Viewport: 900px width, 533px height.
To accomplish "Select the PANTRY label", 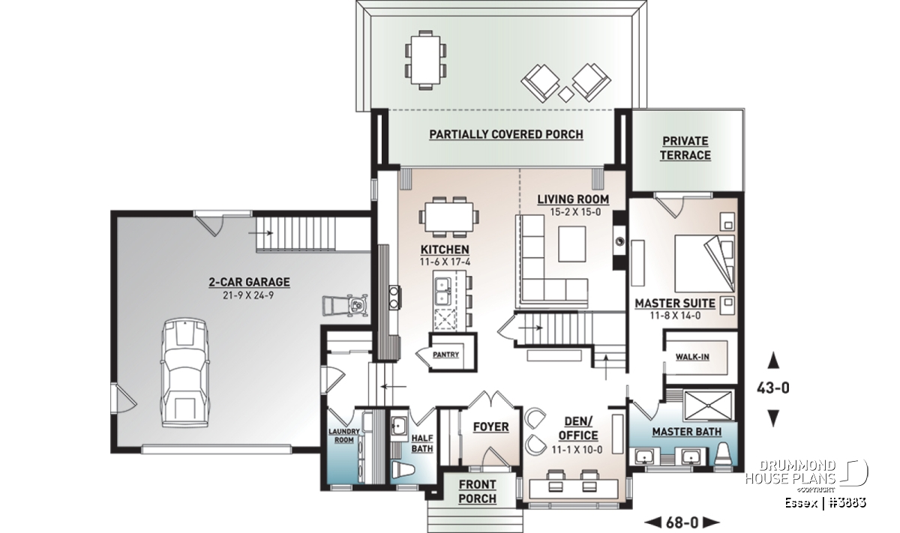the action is [445, 355].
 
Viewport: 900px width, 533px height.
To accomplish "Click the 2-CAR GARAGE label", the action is [249, 282].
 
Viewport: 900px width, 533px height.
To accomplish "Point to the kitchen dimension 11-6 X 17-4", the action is [445, 262].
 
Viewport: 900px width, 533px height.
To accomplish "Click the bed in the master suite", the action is [704, 263].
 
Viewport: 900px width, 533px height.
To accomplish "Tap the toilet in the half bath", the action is [403, 469].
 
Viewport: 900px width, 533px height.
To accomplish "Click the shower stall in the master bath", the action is [708, 406].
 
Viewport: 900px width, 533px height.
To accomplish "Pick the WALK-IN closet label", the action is [691, 357].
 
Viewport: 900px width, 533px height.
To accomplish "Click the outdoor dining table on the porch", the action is [425, 60].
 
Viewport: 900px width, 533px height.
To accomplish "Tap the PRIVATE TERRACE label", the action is [685, 148].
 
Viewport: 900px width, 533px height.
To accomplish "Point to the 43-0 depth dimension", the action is [773, 388].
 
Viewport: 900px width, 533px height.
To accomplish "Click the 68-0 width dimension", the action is [682, 523].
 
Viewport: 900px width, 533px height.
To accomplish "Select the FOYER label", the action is [490, 427].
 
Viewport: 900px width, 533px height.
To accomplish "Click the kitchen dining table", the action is [448, 217].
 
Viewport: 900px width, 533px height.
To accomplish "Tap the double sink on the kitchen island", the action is [442, 291].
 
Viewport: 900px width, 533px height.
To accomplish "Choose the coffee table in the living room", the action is [571, 244].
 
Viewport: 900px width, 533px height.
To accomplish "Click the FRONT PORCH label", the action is [477, 492].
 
